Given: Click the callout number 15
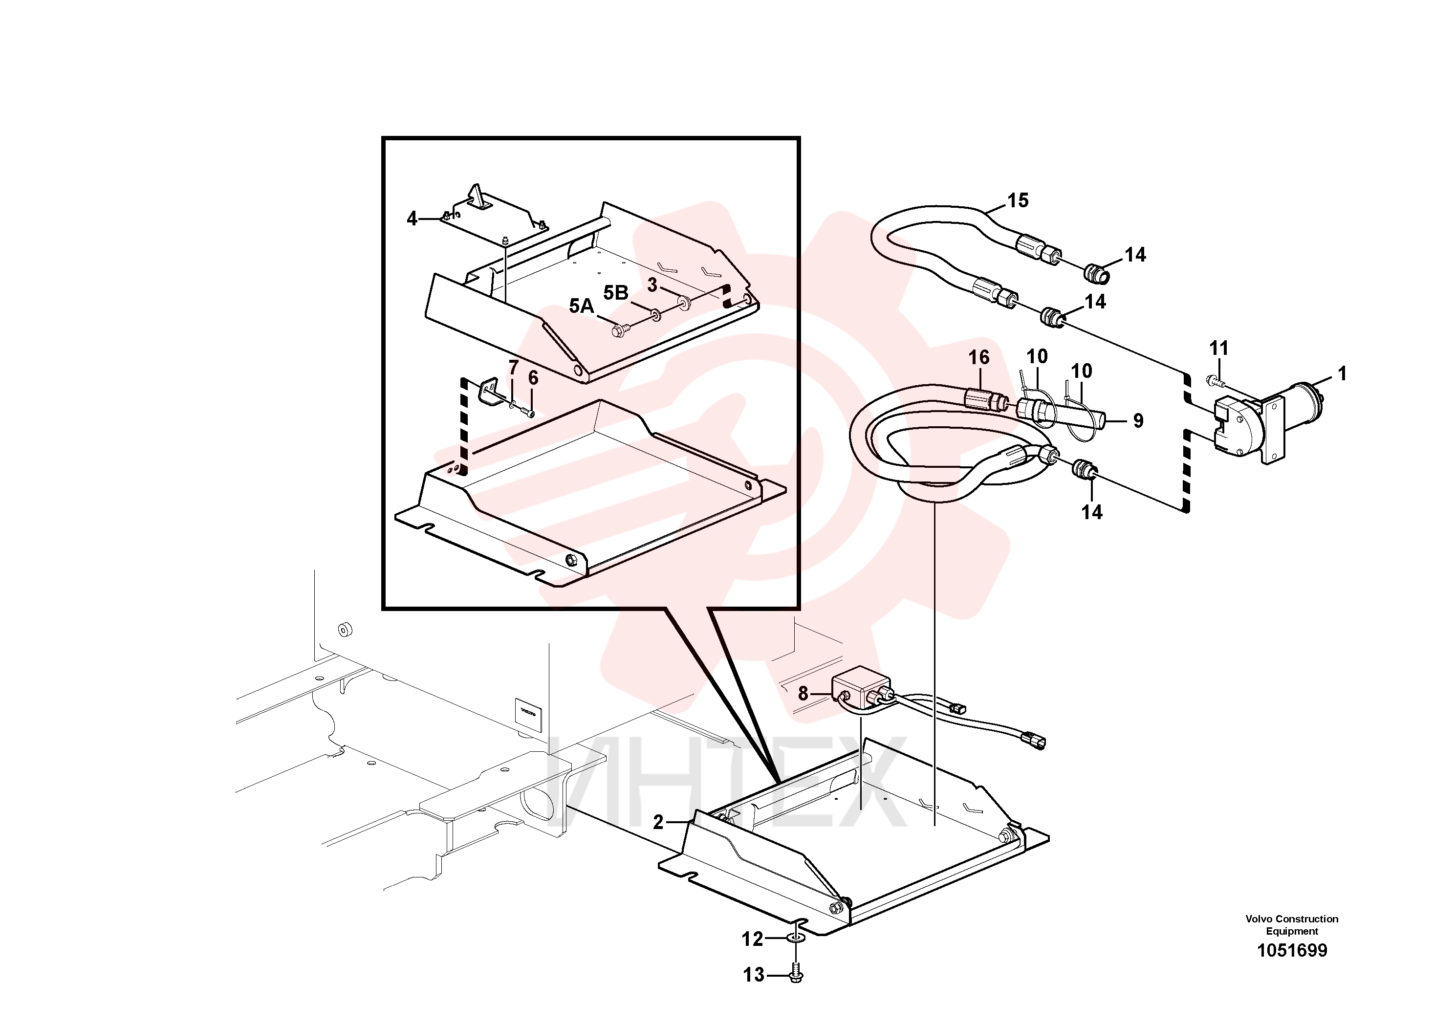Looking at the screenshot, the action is click(1018, 201).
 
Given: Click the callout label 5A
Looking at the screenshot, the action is click(581, 306).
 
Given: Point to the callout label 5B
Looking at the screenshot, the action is click(615, 293).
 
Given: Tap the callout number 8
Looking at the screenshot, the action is click(803, 694).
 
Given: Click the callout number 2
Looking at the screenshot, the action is click(658, 823).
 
